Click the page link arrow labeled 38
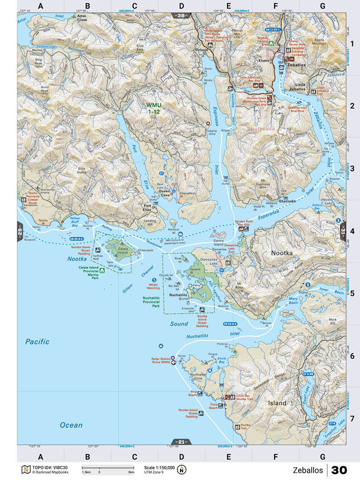click(181, 16)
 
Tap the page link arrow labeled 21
click(181, 441)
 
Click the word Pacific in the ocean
click(37, 341)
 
